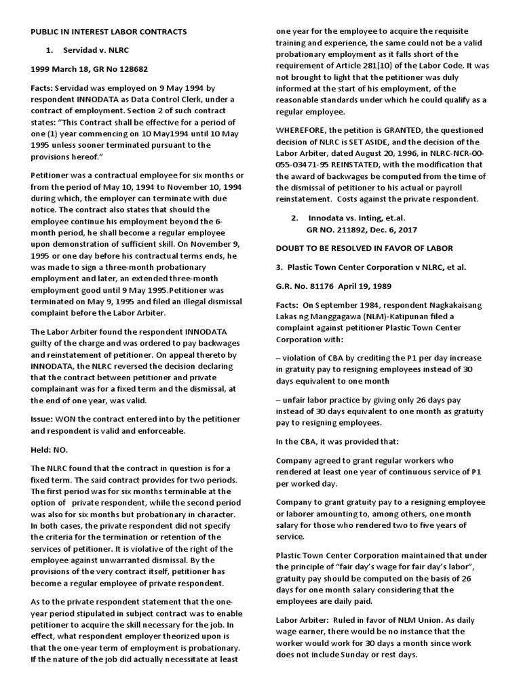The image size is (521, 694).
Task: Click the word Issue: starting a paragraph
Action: pos(45,420)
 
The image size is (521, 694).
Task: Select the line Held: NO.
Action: pos(50,449)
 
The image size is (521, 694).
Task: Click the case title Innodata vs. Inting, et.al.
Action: pos(357,218)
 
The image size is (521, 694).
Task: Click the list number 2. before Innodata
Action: pos(294,218)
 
